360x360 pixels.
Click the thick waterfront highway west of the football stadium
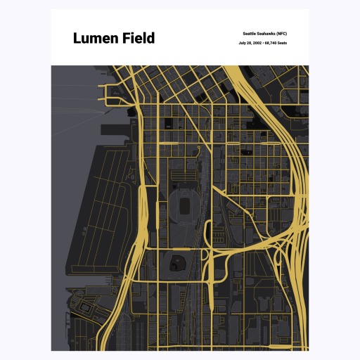coord(143,204)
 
